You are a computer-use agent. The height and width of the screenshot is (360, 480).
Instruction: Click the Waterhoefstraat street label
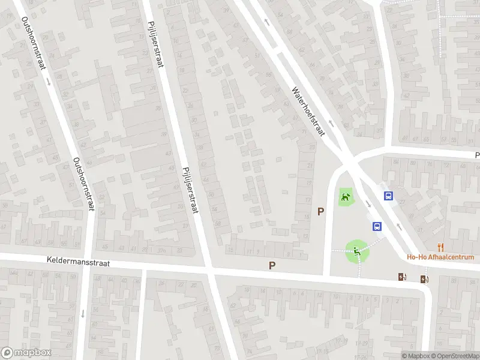tap(308, 112)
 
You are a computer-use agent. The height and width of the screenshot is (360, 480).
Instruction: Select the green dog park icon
tap(345, 196)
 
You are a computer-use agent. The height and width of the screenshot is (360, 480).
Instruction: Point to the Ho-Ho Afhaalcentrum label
tap(441, 257)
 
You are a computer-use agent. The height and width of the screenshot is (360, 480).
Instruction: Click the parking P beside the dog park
tap(321, 211)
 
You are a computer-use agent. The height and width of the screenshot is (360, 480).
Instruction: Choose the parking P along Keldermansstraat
tap(272, 265)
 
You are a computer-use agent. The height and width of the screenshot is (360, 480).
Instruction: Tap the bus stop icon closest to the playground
tap(377, 226)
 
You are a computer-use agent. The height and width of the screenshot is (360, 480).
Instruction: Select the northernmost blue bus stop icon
tap(389, 195)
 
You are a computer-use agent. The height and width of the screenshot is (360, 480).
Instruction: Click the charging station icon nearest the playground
tap(401, 277)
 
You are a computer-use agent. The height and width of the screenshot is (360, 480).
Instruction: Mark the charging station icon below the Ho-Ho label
tap(425, 278)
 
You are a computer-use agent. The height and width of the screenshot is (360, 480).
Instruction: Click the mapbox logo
tap(27, 353)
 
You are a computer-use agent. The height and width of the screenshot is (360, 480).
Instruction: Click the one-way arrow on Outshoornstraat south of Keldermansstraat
tap(83, 313)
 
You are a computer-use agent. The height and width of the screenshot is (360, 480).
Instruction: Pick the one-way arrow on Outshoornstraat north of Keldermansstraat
tap(48, 81)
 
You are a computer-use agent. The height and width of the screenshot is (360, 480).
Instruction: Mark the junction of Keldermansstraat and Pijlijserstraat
tap(209, 269)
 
